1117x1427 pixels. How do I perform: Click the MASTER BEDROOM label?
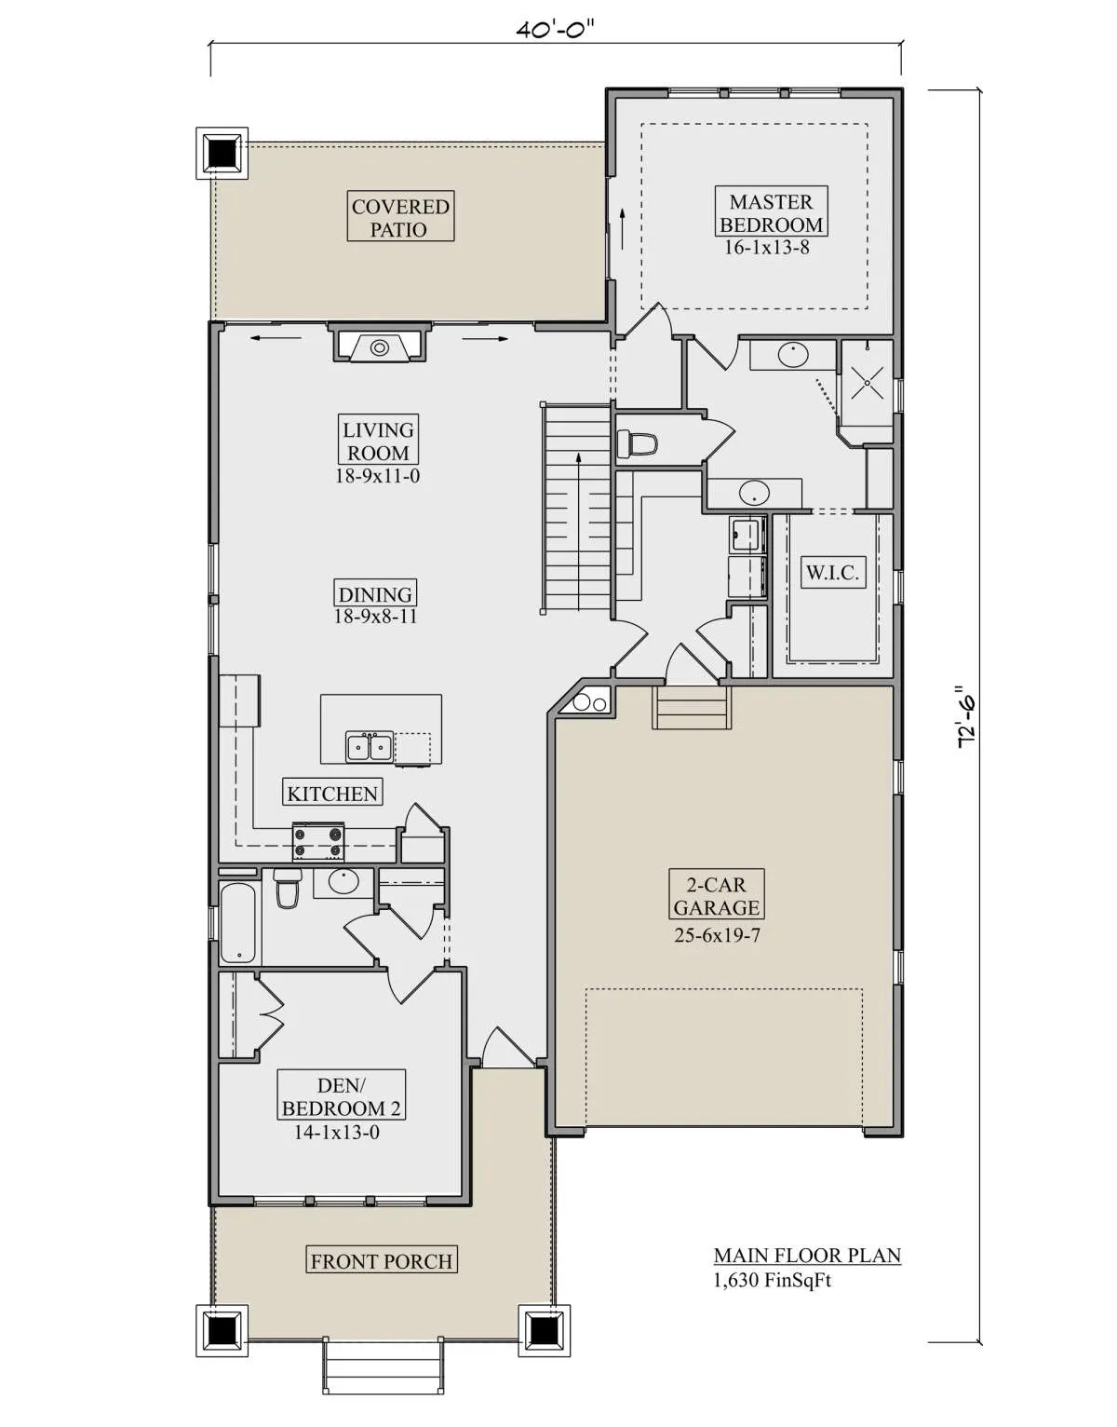771,212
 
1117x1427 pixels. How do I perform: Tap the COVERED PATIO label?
400,217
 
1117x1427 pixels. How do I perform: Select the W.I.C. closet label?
832,572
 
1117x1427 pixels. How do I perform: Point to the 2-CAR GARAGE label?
717,896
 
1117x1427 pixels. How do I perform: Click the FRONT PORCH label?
382,1261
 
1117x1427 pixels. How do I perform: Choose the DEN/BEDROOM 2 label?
342,1096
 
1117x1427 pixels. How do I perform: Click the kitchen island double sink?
370,747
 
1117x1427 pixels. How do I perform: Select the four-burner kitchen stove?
318,842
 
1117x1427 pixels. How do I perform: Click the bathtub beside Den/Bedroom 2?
239,923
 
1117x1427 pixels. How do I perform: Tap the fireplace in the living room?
380,344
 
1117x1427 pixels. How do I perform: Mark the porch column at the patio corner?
222,153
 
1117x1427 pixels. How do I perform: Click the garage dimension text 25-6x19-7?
718,935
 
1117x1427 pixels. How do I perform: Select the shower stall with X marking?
867,384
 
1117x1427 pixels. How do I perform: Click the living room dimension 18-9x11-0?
377,475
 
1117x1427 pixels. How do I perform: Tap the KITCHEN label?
332,794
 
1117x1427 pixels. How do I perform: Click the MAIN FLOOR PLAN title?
807,1257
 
